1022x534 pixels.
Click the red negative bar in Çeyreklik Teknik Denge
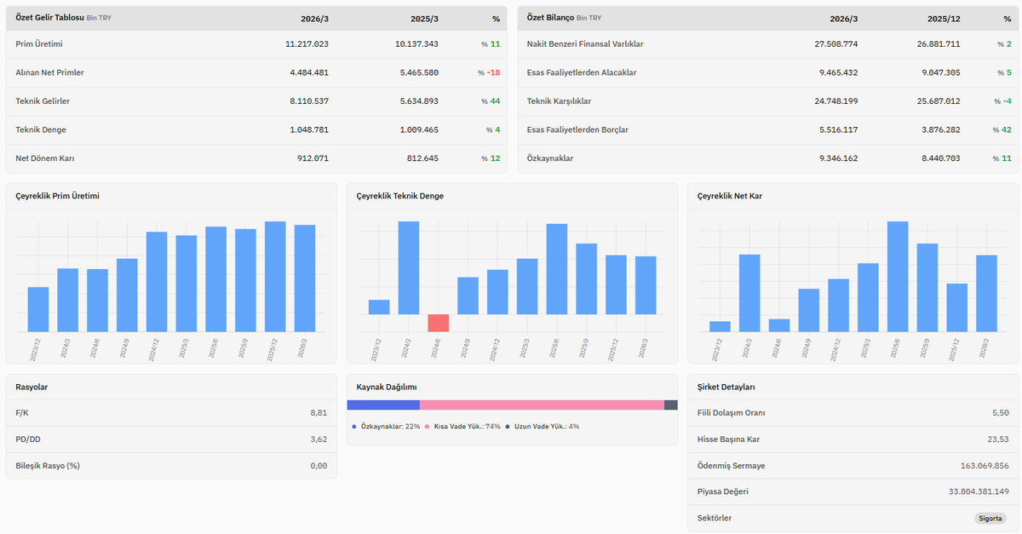point(438,323)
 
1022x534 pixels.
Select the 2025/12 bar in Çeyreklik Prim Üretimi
point(275,277)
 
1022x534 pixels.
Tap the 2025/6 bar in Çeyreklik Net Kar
point(898,277)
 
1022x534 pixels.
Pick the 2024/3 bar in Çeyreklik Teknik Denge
point(408,268)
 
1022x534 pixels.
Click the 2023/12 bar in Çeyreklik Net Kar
point(720,326)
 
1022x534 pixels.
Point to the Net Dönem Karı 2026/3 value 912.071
point(313,158)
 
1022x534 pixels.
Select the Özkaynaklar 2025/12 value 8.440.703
point(940,158)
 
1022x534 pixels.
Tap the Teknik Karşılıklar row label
point(559,101)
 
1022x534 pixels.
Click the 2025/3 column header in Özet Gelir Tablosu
point(424,19)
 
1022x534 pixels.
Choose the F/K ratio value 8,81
point(319,413)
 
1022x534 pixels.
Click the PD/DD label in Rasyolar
point(28,439)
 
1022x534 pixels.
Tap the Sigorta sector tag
point(990,519)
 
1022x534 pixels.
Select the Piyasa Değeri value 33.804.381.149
point(979,491)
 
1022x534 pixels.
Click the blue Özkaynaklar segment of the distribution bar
point(383,405)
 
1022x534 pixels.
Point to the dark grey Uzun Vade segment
point(671,405)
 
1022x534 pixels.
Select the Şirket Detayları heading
point(726,387)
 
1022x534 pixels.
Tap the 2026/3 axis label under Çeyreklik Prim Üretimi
point(301,349)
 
